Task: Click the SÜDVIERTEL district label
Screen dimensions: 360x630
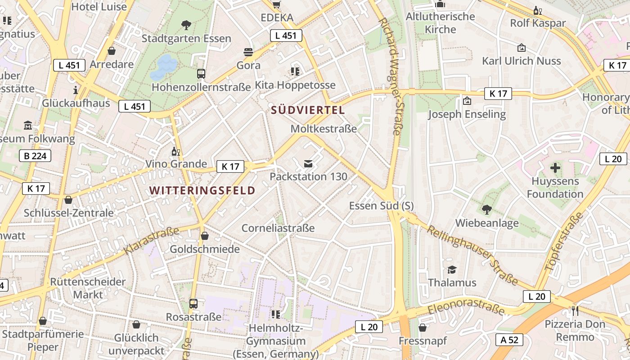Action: pos(308,110)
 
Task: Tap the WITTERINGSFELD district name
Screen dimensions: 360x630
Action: pos(202,190)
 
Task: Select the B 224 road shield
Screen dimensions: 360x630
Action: pos(35,156)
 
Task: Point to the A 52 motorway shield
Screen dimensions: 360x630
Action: pos(509,340)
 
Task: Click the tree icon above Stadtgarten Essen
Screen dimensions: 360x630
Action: pos(186,25)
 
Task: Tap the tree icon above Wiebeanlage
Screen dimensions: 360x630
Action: pos(486,209)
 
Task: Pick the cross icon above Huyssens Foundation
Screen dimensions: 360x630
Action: pos(556,168)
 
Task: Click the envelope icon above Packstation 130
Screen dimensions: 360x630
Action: pos(308,163)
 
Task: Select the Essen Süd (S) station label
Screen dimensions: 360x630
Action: pos(381,206)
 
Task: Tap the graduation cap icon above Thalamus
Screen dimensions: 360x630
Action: pos(452,269)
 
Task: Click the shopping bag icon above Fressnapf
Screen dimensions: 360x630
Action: pos(423,328)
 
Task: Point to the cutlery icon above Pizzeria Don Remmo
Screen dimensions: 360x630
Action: pos(575,310)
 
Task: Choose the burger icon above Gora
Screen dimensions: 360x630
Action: pos(248,52)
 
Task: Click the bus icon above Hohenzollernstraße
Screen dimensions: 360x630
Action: pos(201,73)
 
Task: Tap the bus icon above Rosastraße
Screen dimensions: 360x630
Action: pos(193,303)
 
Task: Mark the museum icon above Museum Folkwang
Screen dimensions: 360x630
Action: pos(28,125)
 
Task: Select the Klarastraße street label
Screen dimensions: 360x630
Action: pos(152,241)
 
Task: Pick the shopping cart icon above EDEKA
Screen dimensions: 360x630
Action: pos(277,4)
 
